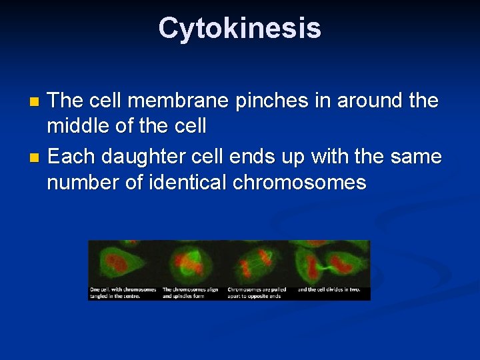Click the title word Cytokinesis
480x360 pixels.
[240, 29]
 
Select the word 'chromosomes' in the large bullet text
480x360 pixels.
[299, 182]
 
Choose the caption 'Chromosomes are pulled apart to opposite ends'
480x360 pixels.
[259, 293]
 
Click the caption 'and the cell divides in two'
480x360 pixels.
[329, 289]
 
